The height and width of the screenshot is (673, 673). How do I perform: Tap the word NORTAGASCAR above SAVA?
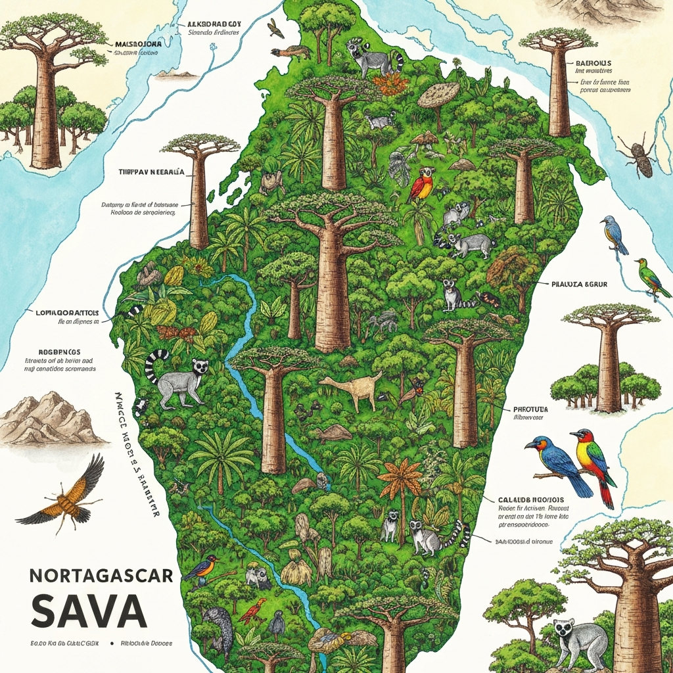click(101, 576)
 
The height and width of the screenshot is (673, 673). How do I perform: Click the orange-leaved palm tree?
click(401, 480)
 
